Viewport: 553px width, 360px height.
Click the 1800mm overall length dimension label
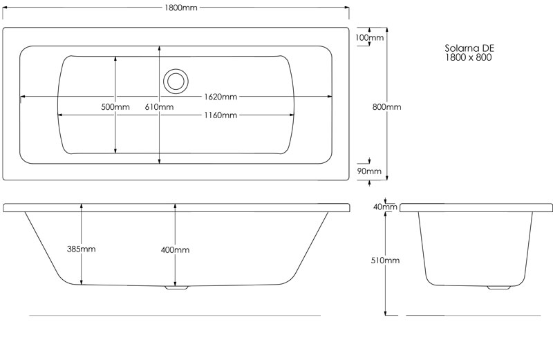181,8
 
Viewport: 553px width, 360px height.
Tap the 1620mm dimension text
221,97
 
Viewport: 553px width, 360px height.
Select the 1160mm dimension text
221,115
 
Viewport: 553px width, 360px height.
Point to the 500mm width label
115,107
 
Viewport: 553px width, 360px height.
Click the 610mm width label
159,107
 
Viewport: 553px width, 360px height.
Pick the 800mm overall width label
387,107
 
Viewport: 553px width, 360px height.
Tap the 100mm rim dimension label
369,37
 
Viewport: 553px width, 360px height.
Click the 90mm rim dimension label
369,171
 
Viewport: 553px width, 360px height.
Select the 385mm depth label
81,249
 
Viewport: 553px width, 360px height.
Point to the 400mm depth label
175,250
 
